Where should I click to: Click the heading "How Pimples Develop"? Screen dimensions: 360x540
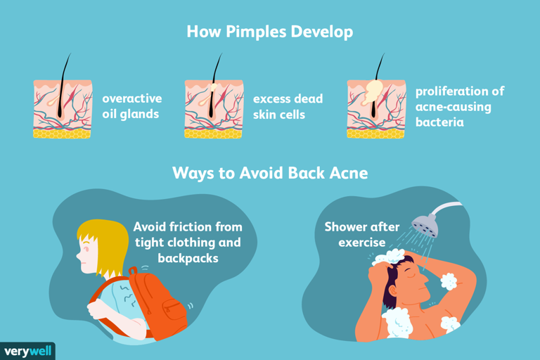point(270,32)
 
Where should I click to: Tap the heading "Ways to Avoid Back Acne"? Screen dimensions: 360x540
point(270,172)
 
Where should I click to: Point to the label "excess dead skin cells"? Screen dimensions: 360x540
point(288,106)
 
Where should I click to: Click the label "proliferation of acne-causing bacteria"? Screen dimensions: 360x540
point(459,107)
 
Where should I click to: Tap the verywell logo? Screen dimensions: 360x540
point(27,351)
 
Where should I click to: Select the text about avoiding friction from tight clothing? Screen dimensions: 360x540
point(187,243)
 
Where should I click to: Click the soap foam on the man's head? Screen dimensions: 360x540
point(389,257)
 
